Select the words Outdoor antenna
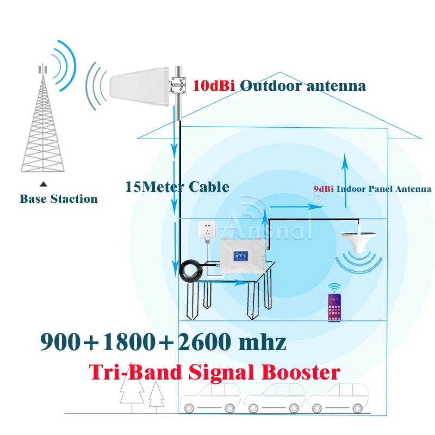click(303, 86)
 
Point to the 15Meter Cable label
click(177, 187)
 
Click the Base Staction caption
click(59, 199)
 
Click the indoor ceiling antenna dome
click(359, 240)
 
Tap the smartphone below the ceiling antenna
click(334, 308)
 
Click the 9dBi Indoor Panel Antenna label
click(372, 189)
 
